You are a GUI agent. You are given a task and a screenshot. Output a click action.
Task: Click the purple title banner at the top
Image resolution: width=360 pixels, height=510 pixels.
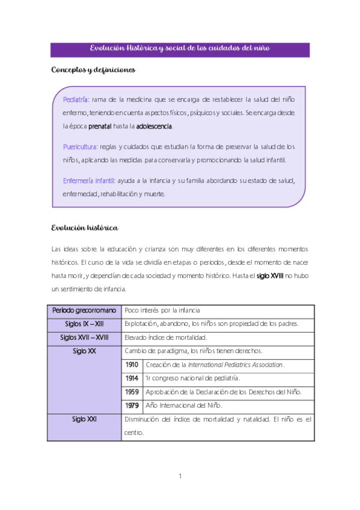[180, 49]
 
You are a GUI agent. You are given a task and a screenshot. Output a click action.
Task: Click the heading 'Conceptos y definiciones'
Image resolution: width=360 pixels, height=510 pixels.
[93, 70]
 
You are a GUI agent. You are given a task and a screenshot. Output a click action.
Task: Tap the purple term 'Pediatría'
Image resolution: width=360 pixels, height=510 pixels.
[76, 99]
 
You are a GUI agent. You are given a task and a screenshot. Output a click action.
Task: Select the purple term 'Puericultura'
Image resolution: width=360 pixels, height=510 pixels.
[81, 147]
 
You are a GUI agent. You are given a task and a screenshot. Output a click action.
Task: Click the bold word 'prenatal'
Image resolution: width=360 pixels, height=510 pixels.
[100, 127]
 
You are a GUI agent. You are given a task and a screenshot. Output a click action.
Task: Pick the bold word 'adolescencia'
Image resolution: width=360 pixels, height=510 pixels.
[154, 127]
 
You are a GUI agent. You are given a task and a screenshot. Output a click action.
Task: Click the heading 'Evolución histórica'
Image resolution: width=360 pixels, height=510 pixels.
[84, 229]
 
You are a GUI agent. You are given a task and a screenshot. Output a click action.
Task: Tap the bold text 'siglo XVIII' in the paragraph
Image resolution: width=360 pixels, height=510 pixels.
[269, 276]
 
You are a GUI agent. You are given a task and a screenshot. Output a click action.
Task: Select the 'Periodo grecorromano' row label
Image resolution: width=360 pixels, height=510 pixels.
[84, 311]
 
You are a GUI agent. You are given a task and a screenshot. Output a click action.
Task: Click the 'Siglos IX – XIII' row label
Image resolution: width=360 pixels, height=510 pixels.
[84, 324]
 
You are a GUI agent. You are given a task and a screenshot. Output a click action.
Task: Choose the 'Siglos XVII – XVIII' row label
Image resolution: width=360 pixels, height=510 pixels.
[84, 337]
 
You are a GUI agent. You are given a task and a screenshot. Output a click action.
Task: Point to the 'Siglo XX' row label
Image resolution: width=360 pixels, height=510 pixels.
[84, 351]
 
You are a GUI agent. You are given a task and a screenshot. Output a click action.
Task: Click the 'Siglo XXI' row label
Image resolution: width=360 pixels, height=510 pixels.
[84, 419]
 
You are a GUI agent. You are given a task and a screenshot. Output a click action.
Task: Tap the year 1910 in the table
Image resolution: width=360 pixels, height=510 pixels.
[132, 364]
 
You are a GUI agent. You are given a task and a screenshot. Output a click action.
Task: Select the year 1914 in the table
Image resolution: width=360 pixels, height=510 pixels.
[132, 378]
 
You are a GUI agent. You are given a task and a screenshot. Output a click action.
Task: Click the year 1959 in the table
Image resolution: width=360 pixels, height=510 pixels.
[132, 392]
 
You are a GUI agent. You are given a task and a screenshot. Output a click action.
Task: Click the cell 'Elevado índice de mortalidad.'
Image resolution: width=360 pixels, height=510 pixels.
[165, 337]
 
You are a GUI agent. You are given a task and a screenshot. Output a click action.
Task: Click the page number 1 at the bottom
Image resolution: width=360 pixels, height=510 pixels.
[180, 477]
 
